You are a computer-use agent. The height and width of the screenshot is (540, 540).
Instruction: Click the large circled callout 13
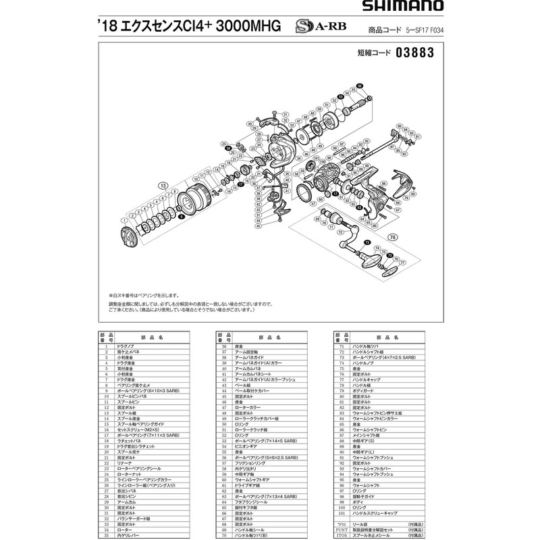[163, 185]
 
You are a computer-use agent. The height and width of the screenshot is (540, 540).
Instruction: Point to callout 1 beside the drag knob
[124, 220]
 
